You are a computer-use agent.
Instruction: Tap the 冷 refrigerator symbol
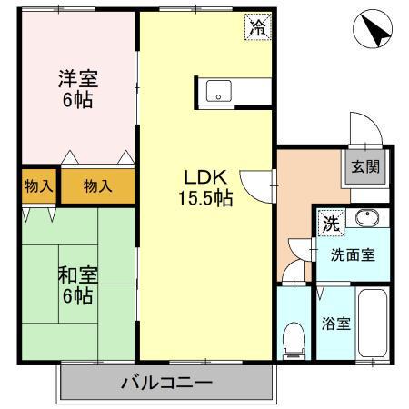pos(258,28)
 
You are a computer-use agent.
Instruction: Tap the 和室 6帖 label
pos(76,284)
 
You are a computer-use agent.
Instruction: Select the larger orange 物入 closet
pos(97,186)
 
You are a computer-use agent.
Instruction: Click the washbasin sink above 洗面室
pos(366,218)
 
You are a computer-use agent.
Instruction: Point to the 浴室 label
pos(335,324)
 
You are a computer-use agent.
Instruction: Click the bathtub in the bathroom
pos(374,324)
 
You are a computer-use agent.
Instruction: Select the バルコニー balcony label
pos(166,383)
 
